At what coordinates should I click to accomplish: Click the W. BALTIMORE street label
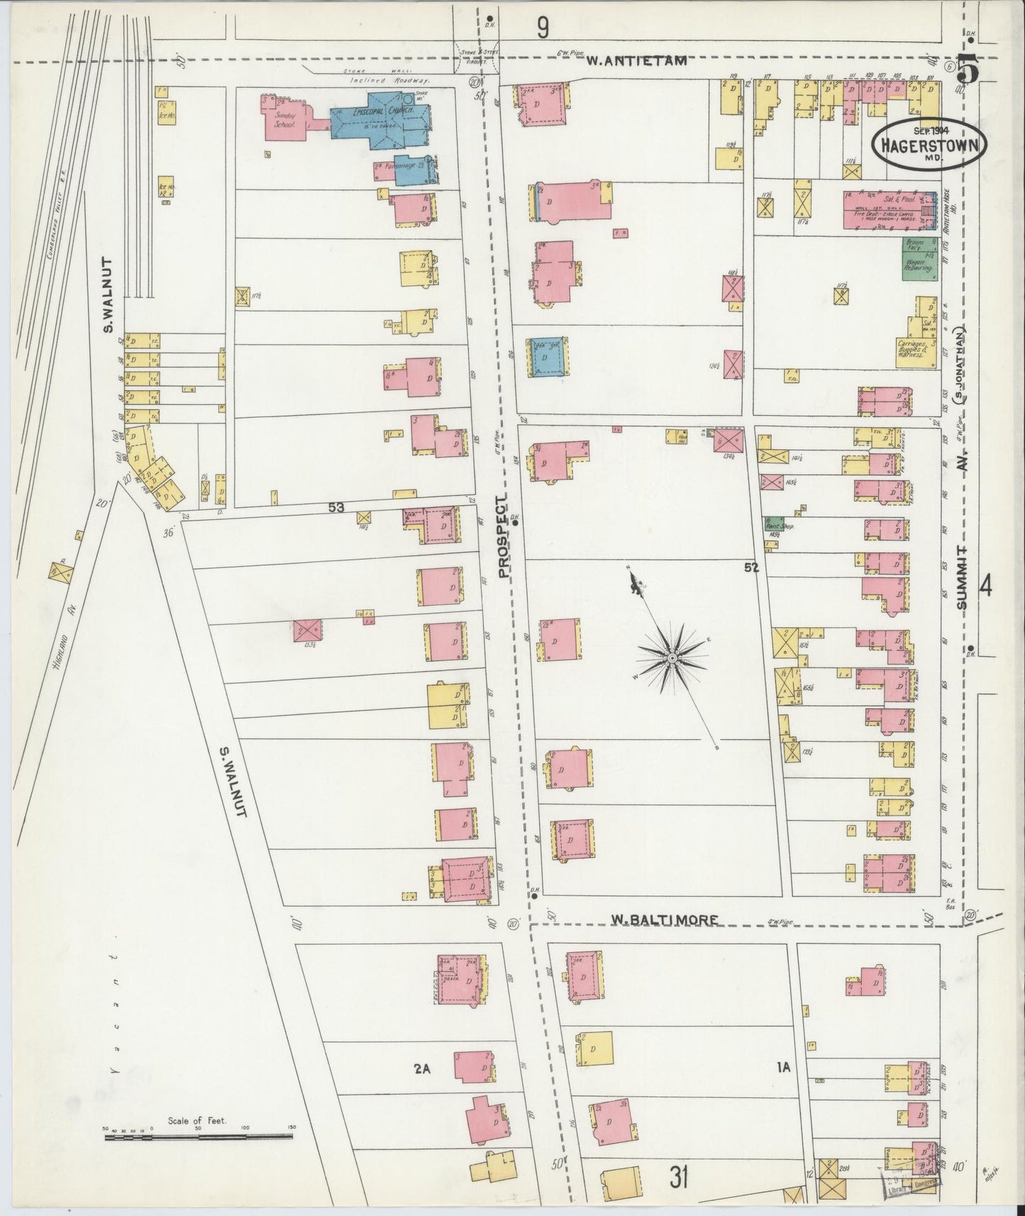pyautogui.click(x=665, y=920)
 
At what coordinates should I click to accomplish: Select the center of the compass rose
pyautogui.click(x=670, y=659)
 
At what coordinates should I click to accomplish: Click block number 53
pyautogui.click(x=336, y=507)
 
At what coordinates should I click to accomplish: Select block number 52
pyautogui.click(x=752, y=568)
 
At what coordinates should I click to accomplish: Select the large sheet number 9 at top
pyautogui.click(x=543, y=28)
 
